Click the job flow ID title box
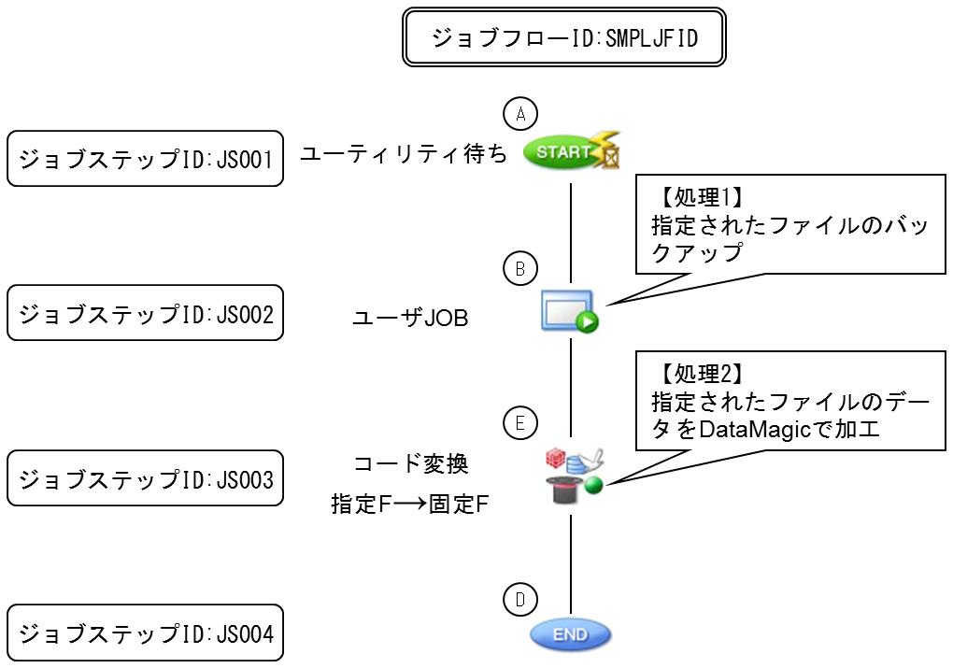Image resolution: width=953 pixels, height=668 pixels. pos(564,38)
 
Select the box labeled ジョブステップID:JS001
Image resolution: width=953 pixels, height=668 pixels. pos(145,158)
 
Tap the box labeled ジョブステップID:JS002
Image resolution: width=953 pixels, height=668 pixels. pos(145,313)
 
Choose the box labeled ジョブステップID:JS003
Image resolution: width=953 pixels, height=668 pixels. pos(145,479)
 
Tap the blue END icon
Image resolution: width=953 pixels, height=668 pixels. pos(570,635)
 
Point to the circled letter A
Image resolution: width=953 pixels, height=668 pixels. pos(520,114)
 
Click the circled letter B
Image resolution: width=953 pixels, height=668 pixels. pos(520,269)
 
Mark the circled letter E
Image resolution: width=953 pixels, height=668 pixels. pos(520,423)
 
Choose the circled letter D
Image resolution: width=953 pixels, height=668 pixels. pos(520,598)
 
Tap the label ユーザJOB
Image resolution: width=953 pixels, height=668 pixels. pos(409,319)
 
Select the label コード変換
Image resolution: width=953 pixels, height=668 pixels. pos(411,463)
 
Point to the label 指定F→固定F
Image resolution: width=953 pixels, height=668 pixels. pos(410,504)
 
